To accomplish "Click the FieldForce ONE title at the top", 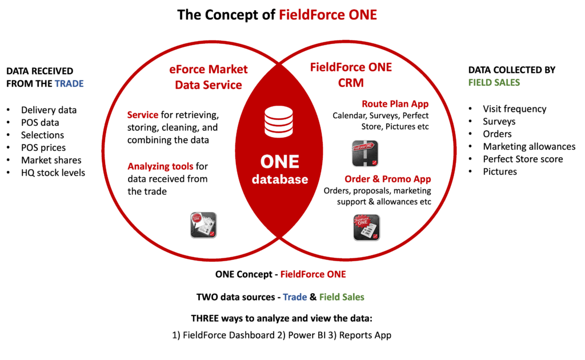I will pos(328,15).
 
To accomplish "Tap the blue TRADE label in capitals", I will pos(69,83).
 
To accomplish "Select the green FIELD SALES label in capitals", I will pos(494,82).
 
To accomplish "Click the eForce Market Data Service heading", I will pos(209,77).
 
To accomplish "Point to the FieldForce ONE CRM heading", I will pos(351,75).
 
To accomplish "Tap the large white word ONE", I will pos(279,161).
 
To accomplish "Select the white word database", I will pos(280,179).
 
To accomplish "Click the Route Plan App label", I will pos(395,104).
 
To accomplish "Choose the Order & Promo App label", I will pos(388,179).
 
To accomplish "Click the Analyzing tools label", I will pos(161,166).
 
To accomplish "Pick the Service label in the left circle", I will pos(143,115).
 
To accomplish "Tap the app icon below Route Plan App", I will pos(365,153).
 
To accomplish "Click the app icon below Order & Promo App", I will pos(366,227).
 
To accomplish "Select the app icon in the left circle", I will pos(203,225).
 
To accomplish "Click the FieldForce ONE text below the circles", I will pos(313,274).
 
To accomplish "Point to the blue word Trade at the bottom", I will pos(295,297).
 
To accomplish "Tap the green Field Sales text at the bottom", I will pos(342,297).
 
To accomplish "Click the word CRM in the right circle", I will pos(351,83).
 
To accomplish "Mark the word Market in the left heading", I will pos(227,70).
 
